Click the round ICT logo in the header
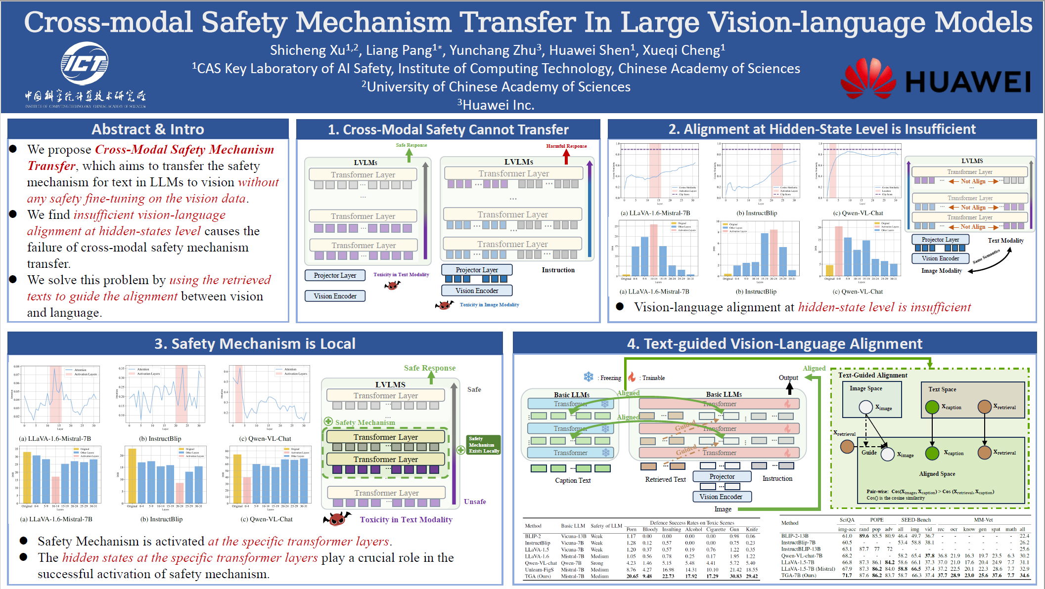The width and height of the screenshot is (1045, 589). click(x=85, y=64)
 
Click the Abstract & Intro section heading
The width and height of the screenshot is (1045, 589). click(x=148, y=129)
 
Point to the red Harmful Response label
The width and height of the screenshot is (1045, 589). click(x=566, y=146)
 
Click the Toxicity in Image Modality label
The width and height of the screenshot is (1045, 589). click(x=489, y=305)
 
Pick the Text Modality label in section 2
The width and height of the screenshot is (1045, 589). click(x=1005, y=241)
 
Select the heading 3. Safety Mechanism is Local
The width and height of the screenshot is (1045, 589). click(x=255, y=344)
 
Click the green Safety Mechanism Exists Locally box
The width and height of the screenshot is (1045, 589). click(x=484, y=445)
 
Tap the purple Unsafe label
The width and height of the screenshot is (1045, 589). click(x=475, y=502)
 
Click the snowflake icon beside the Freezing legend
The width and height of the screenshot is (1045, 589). click(x=589, y=377)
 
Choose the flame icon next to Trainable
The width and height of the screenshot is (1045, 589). click(x=632, y=377)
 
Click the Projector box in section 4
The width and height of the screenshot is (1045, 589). click(x=722, y=476)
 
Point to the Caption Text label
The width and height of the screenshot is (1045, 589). click(x=573, y=480)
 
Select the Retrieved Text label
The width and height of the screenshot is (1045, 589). click(x=665, y=479)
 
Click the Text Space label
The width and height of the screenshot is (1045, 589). click(x=942, y=389)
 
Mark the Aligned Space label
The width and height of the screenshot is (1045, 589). click(x=937, y=474)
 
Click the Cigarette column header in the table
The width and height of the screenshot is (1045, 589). click(x=716, y=529)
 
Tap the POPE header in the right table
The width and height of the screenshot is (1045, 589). click(x=876, y=520)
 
